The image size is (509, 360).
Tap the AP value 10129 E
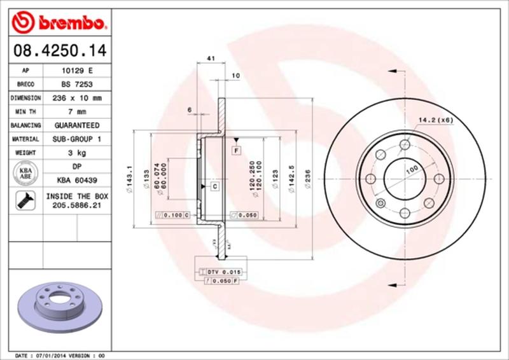coord(74,71)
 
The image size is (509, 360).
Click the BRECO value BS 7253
coord(74,85)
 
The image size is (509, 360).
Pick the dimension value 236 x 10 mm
coord(74,99)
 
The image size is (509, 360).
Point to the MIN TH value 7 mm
coord(74,112)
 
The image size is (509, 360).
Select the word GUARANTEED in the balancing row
coord(74,125)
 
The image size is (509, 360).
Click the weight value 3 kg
coord(74,153)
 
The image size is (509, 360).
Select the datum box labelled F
coord(236,150)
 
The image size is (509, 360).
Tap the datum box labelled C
coord(214,186)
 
